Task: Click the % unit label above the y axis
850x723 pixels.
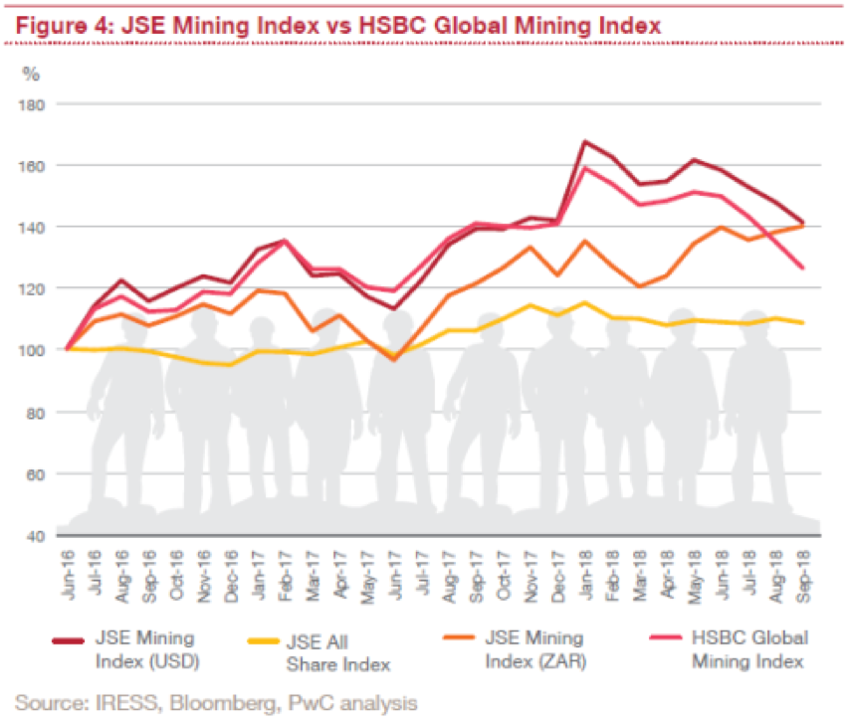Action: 31,73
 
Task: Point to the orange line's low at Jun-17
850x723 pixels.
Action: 395,359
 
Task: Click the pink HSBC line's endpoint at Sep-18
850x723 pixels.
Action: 802,268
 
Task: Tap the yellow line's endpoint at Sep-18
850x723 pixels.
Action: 802,322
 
